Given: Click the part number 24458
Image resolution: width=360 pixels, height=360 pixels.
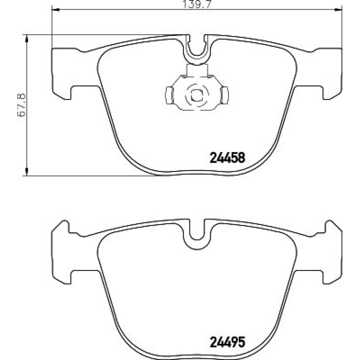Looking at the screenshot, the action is point(228,158).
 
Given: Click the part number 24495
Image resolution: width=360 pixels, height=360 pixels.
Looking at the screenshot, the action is point(228,342).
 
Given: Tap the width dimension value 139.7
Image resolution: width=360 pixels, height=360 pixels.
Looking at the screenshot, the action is point(196,4).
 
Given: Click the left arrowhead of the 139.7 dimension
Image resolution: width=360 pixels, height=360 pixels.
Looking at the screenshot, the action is point(56,9).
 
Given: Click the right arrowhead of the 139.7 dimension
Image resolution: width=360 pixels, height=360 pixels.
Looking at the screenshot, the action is point(338,9).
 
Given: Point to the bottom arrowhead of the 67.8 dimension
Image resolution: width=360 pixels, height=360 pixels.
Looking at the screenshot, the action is point(27,172).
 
